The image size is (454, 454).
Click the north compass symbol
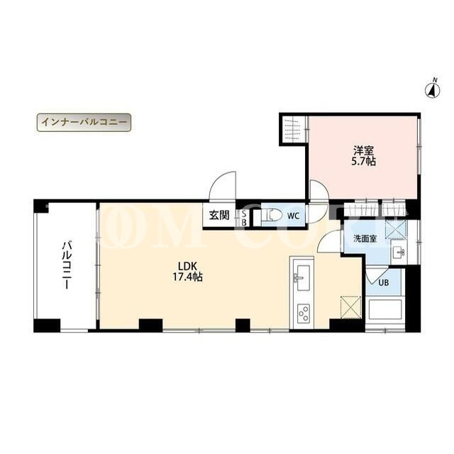click(x=432, y=89)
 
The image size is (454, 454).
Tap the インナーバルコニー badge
click(x=84, y=122)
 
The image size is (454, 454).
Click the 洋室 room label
click(x=363, y=150)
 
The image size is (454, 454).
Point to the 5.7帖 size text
click(x=363, y=161)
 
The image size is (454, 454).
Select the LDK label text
click(x=187, y=266)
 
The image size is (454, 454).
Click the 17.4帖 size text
click(x=187, y=277)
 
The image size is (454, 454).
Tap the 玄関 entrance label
click(x=219, y=215)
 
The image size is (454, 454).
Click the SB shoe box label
click(x=244, y=218)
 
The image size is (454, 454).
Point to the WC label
click(x=293, y=216)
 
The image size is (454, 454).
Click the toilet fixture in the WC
click(x=272, y=216)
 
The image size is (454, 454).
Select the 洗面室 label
click(x=365, y=239)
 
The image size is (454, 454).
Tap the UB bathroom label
click(x=384, y=282)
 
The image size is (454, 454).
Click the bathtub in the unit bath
click(x=384, y=310)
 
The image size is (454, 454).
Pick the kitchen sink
click(x=301, y=277)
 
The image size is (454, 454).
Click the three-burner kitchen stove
click(x=304, y=313)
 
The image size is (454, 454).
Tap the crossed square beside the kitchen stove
click(x=351, y=307)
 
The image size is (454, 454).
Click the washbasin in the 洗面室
click(x=398, y=252)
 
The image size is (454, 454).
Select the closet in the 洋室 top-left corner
click(x=294, y=129)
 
